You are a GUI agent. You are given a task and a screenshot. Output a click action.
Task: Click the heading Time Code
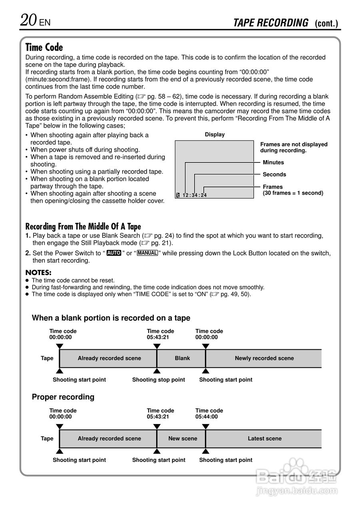coord(44,48)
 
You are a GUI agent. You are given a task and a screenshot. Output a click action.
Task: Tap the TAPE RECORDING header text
coord(270,23)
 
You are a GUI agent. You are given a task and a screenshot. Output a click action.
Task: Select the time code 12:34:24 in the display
coord(195,195)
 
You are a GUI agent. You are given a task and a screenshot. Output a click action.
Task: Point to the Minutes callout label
coord(273,162)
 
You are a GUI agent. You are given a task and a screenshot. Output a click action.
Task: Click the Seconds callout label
coord(274,174)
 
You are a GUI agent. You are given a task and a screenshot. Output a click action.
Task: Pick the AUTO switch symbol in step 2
coord(114,253)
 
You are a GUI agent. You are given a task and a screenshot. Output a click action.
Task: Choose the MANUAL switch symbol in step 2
coord(147,253)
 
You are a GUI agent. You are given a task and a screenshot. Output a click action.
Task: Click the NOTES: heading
coord(38,273)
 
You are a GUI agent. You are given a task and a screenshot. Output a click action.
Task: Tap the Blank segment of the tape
coord(182,358)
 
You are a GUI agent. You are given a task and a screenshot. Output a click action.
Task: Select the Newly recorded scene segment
coord(264,358)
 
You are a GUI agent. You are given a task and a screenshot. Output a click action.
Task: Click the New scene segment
coord(183,439)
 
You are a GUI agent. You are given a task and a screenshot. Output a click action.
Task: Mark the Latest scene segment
coord(265,439)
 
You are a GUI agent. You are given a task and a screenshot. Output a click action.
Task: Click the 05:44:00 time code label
coord(207,417)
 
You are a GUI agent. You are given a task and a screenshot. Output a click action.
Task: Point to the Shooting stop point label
coord(159,380)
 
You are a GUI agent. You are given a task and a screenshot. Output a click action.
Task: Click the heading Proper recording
coord(63,397)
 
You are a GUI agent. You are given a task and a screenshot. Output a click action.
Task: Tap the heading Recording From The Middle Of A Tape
coord(83,227)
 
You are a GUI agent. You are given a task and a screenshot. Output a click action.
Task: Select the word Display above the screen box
coord(215,135)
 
